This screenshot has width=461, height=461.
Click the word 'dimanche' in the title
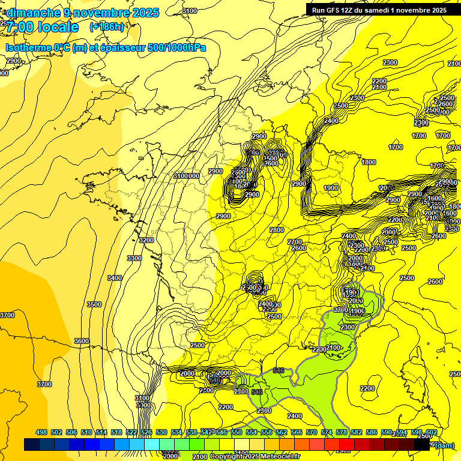(x=33, y=13)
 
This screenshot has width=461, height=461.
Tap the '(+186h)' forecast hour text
(x=107, y=26)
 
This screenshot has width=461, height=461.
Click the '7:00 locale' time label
(x=42, y=27)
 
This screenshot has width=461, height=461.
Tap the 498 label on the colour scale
(x=41, y=432)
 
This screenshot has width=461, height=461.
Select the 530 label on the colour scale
(x=161, y=432)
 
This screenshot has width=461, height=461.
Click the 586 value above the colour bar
(x=372, y=432)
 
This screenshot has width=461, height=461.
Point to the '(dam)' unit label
(x=444, y=445)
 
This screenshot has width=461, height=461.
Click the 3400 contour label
(x=115, y=278)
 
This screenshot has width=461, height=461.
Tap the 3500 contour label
(x=94, y=304)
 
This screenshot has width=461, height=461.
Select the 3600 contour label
(x=81, y=341)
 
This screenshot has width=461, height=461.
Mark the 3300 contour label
(x=134, y=258)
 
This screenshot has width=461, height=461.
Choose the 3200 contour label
(x=146, y=240)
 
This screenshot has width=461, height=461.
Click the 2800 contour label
(x=277, y=230)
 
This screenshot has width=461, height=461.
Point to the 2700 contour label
(x=295, y=242)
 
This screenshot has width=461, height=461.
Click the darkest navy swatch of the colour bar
(x=32, y=445)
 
